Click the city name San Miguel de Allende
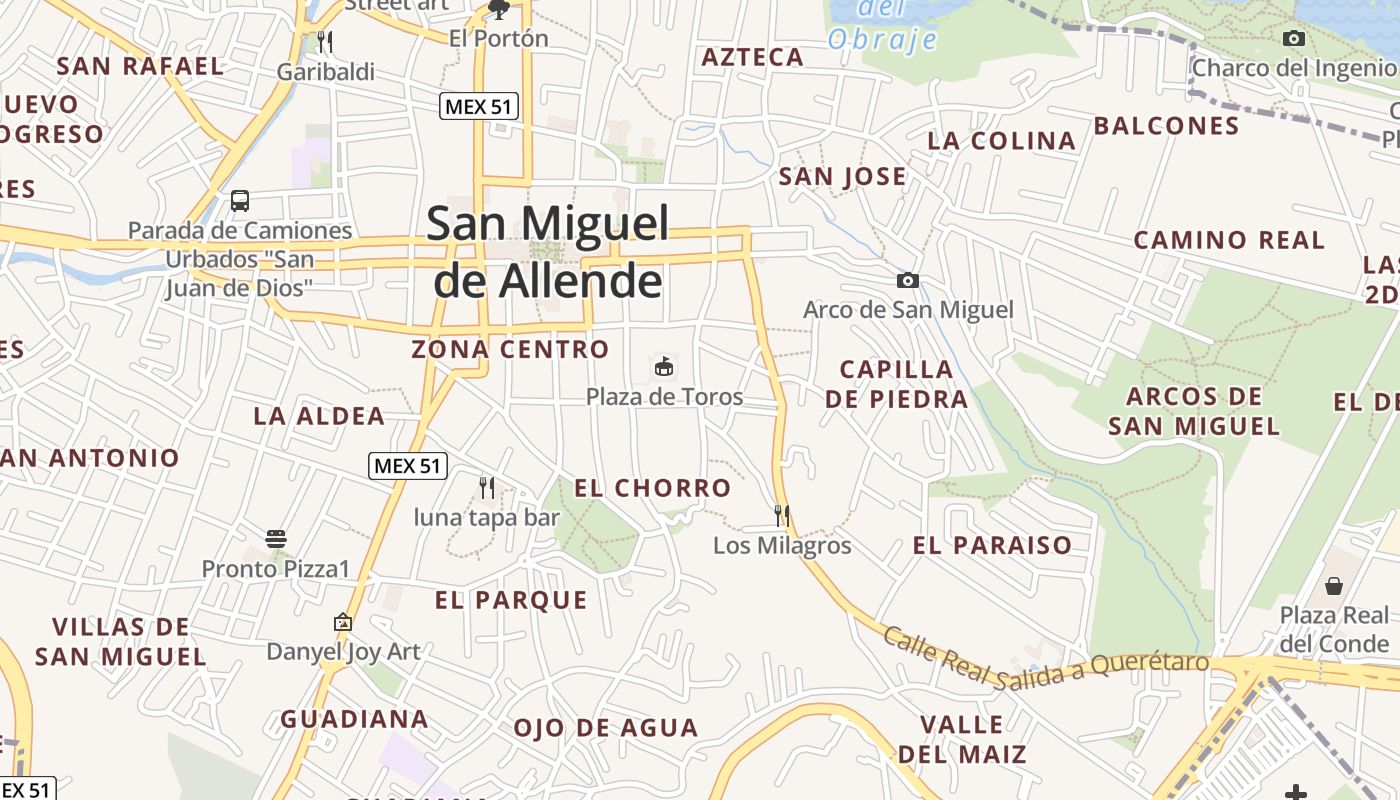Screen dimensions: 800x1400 (548, 251)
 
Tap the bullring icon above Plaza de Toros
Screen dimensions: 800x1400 (664, 366)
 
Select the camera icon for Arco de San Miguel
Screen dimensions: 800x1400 (908, 281)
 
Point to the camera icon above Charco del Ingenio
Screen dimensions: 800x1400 (1293, 39)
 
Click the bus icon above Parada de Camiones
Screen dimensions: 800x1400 (240, 200)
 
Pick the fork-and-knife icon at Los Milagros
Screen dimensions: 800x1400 (782, 516)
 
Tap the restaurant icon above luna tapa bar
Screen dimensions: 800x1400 (487, 488)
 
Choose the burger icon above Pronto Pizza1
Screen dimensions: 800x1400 (276, 539)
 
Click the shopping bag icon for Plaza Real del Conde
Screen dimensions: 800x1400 (1334, 585)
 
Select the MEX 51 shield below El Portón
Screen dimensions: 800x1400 (479, 106)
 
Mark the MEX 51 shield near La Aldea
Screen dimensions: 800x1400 (408, 466)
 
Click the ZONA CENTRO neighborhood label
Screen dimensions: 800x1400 (510, 350)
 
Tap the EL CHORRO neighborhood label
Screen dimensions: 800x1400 (653, 488)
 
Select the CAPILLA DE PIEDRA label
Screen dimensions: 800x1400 (897, 384)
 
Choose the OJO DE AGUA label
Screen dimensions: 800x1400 (606, 728)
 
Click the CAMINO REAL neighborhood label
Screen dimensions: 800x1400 (1229, 240)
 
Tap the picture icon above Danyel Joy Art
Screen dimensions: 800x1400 (343, 622)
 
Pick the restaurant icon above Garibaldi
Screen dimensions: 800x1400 (325, 42)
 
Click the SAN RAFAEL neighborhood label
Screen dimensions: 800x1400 (141, 67)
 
